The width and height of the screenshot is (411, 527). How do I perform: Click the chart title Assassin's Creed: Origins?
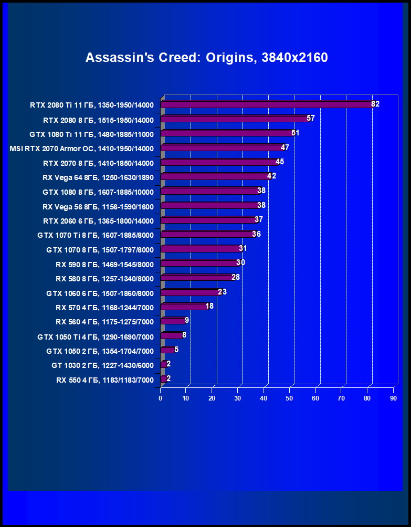(206, 57)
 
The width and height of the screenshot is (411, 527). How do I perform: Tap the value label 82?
(375, 104)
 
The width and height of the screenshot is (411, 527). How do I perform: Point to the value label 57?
(311, 119)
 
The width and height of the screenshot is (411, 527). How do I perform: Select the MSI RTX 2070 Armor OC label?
(81, 149)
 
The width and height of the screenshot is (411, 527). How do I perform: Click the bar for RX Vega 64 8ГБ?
(215, 176)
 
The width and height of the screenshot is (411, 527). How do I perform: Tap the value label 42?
(272, 176)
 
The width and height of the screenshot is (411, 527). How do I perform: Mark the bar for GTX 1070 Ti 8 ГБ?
(207, 234)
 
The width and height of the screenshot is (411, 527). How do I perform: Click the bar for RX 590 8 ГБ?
(199, 263)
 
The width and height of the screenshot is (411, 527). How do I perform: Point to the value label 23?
(222, 292)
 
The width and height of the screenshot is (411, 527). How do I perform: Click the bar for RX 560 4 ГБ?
(173, 321)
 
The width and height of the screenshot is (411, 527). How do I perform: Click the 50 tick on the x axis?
(290, 398)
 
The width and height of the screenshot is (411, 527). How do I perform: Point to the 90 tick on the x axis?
(393, 398)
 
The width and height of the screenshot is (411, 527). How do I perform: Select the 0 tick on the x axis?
(161, 398)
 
